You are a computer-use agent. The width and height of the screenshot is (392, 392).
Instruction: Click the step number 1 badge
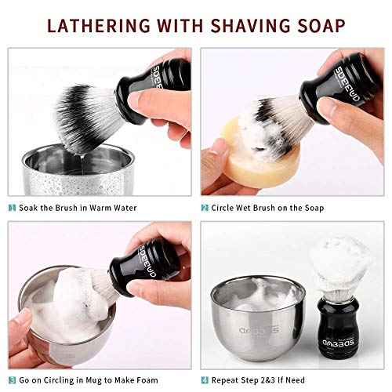tap(13, 207)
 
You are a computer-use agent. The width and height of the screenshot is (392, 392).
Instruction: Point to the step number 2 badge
tap(205, 207)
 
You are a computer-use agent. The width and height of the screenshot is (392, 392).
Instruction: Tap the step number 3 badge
tap(13, 379)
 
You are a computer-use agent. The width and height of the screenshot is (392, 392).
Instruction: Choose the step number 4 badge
tap(205, 379)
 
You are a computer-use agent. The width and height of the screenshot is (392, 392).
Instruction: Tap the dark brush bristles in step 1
tap(82, 118)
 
